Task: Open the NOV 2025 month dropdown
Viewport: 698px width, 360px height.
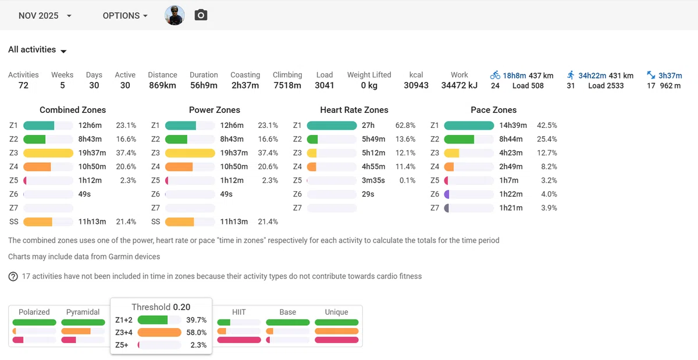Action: pos(45,16)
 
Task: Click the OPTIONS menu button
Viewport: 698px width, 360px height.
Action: pos(125,16)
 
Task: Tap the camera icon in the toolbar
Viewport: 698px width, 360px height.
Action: pos(201,15)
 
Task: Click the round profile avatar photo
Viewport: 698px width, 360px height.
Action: pos(174,15)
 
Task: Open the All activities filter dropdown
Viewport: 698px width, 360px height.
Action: pos(37,50)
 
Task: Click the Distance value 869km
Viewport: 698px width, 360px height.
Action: pos(162,85)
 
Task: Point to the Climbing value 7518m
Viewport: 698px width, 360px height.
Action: pos(287,85)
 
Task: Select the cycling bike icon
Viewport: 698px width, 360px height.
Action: pos(495,75)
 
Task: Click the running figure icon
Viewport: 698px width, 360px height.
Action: pos(571,75)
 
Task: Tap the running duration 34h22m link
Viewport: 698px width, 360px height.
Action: pos(592,76)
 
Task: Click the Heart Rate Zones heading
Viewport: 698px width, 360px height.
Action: pos(354,110)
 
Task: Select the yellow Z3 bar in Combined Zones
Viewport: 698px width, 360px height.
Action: pos(48,153)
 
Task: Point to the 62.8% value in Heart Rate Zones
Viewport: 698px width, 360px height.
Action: pos(405,125)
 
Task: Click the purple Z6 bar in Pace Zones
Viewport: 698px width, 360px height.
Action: pos(447,194)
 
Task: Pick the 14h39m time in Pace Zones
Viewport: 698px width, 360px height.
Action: pos(513,125)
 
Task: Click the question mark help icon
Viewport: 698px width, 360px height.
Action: pos(13,276)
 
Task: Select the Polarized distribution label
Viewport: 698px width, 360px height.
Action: pos(34,312)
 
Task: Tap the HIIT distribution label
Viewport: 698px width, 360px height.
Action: pos(238,312)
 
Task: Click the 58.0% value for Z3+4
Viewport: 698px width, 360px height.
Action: pos(197,333)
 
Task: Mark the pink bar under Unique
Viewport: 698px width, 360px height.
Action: pos(337,340)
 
